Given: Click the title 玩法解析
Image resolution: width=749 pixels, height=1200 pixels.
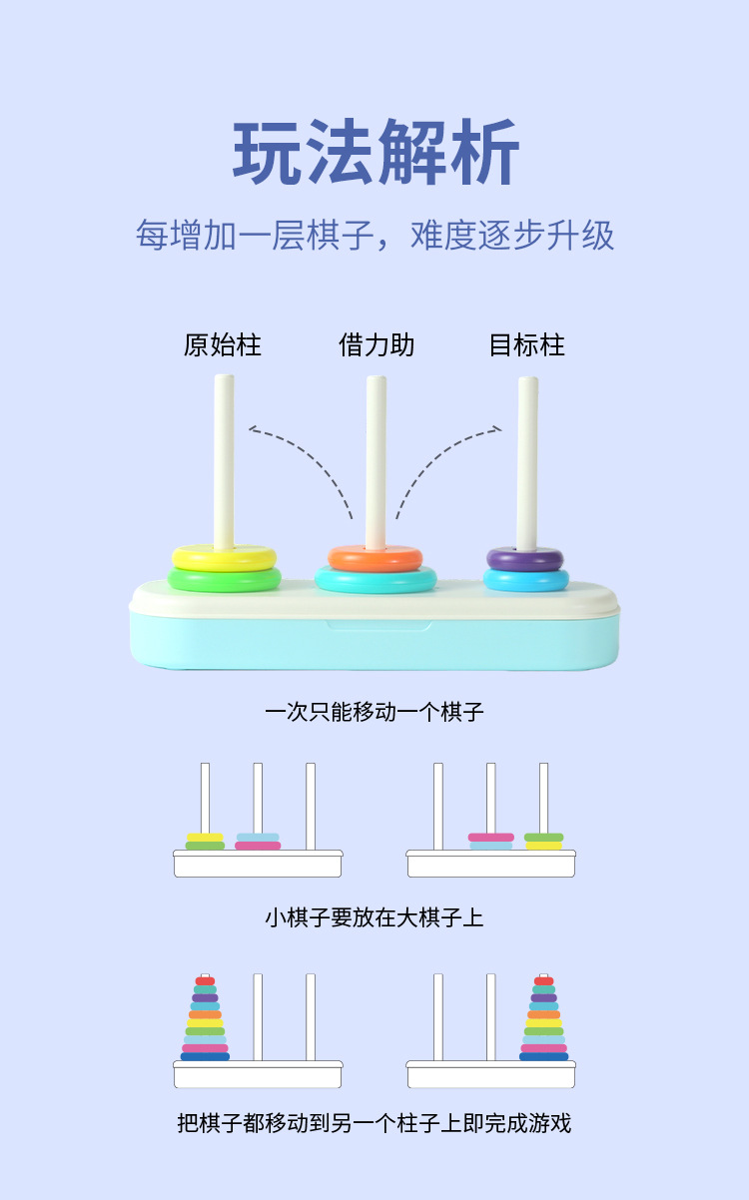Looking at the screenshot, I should coord(375,153).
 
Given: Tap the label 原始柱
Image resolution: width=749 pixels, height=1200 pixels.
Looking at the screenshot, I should coord(222,345).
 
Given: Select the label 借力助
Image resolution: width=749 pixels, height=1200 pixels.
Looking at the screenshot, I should coord(375,345).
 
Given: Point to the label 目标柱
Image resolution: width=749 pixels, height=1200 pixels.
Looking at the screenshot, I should coord(526,345).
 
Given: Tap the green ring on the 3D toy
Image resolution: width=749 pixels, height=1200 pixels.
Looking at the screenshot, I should coord(224,580).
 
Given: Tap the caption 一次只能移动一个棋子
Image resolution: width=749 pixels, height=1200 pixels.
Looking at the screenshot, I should coord(374,712).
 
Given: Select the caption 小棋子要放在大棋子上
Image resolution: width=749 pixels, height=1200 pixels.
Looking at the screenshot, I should coord(374,917).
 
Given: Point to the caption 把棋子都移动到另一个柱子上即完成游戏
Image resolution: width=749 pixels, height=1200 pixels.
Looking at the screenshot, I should coord(374,1123).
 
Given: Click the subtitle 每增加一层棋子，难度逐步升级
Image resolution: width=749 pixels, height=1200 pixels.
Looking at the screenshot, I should coord(374,236).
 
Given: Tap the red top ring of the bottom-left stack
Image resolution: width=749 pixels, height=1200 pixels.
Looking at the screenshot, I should coord(205,981).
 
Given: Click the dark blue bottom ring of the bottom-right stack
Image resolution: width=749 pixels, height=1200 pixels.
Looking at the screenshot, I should coord(543,1056).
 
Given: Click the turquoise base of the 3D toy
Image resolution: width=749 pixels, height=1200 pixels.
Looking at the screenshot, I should coord(374,644).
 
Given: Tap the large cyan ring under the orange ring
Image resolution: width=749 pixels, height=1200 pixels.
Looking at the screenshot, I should coord(375,581).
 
